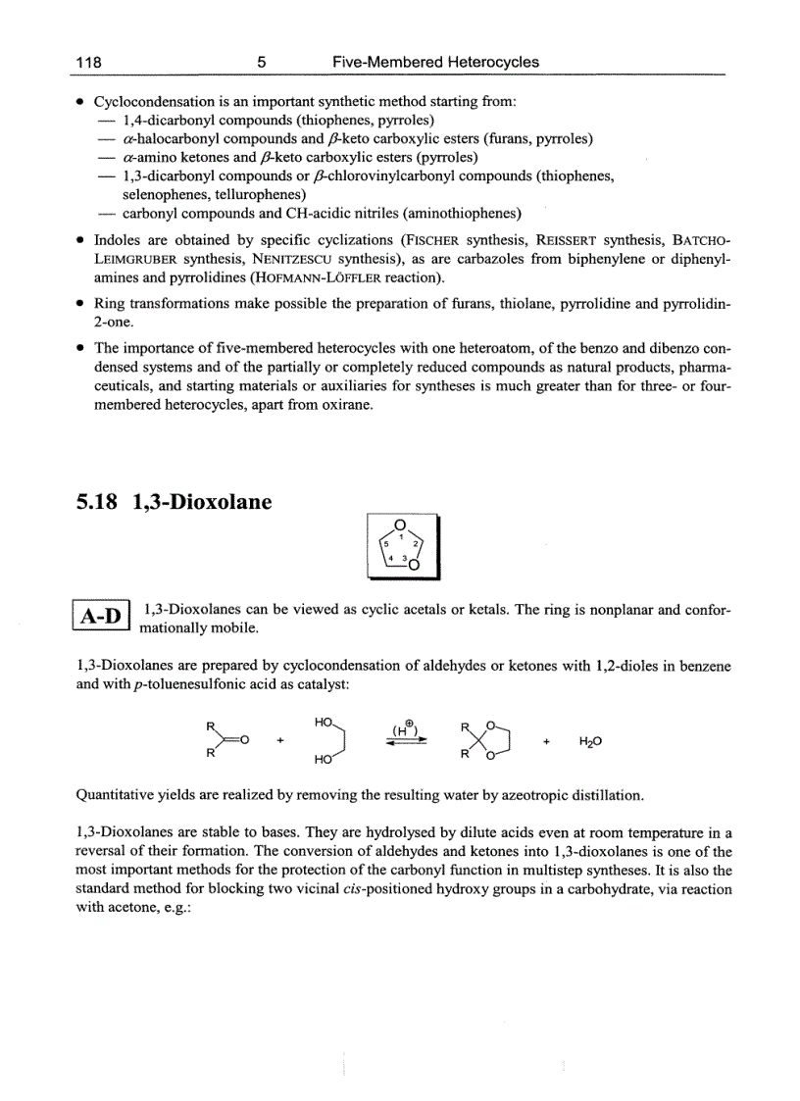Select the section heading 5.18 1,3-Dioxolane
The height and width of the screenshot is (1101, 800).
[174, 503]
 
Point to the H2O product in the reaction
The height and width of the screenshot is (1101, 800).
[589, 743]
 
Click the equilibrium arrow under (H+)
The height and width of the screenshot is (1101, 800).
[407, 743]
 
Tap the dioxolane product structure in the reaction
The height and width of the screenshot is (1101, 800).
[482, 742]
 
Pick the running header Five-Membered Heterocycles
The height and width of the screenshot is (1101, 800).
[435, 62]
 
